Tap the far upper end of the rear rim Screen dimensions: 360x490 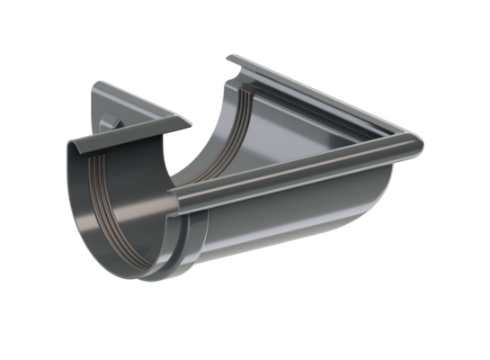point(232,59)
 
